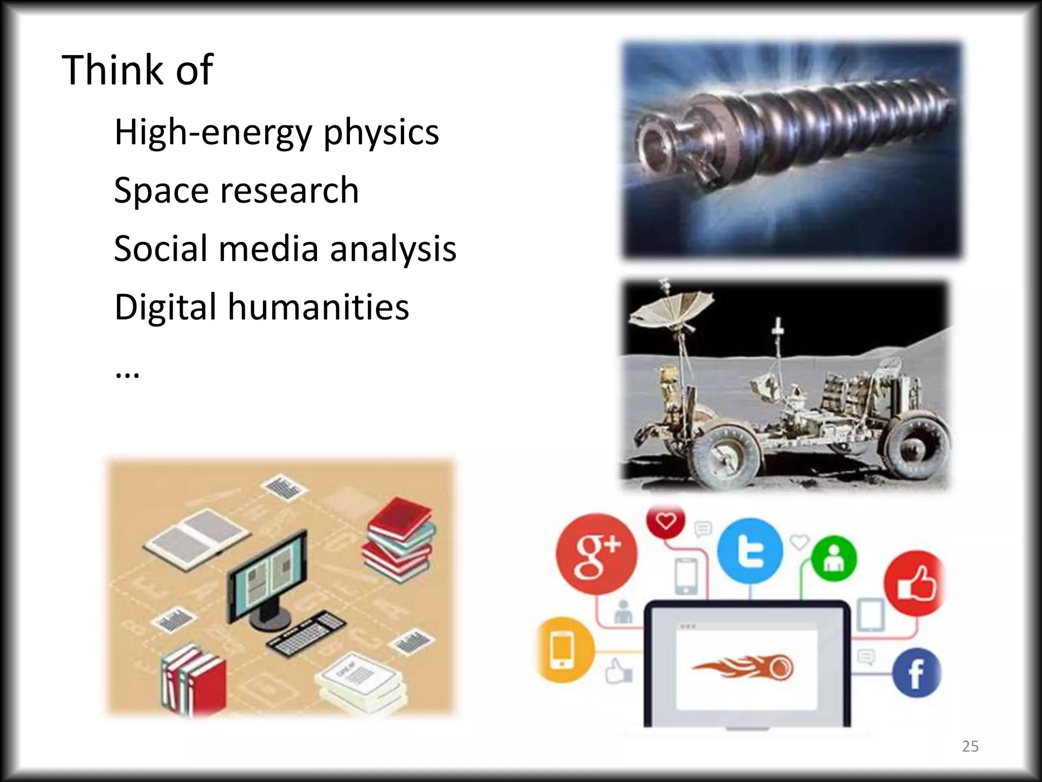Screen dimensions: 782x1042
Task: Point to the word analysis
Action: (x=393, y=249)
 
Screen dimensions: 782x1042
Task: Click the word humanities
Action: (x=318, y=308)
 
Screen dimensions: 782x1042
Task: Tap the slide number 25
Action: (x=970, y=746)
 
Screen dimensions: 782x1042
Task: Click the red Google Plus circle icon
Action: (x=596, y=554)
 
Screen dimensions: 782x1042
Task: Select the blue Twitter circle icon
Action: (x=750, y=551)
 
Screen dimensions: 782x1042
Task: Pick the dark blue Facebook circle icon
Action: (x=916, y=673)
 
